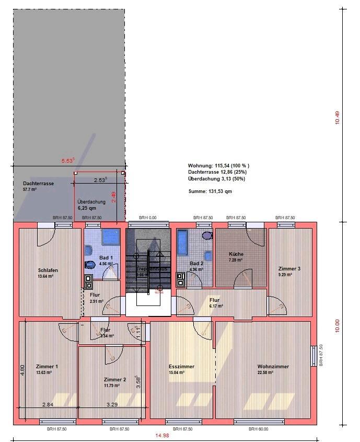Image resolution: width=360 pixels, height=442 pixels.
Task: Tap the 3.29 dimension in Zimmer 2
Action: (112, 404)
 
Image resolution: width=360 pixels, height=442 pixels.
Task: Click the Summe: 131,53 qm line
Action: (210, 191)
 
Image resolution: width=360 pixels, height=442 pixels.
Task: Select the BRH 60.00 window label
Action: (258, 429)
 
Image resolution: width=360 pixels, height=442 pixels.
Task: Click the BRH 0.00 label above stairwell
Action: (147, 217)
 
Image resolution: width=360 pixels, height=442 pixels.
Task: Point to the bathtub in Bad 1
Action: (111, 236)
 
